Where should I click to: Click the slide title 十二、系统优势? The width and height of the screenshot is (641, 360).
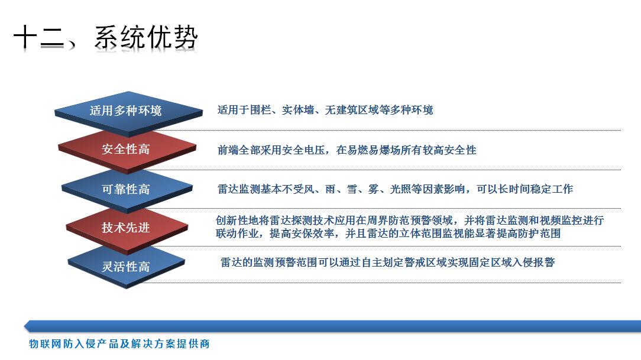click(106, 37)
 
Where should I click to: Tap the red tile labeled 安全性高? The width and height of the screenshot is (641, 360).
click(127, 150)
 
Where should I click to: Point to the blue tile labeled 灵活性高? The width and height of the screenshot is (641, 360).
click(127, 267)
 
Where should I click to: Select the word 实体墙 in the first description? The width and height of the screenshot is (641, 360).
click(298, 110)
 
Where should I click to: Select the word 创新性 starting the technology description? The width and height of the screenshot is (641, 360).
click(232, 220)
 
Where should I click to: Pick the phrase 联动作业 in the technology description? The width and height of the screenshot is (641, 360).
click(237, 233)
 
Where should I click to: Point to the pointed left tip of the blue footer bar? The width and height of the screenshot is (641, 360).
click(24, 326)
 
